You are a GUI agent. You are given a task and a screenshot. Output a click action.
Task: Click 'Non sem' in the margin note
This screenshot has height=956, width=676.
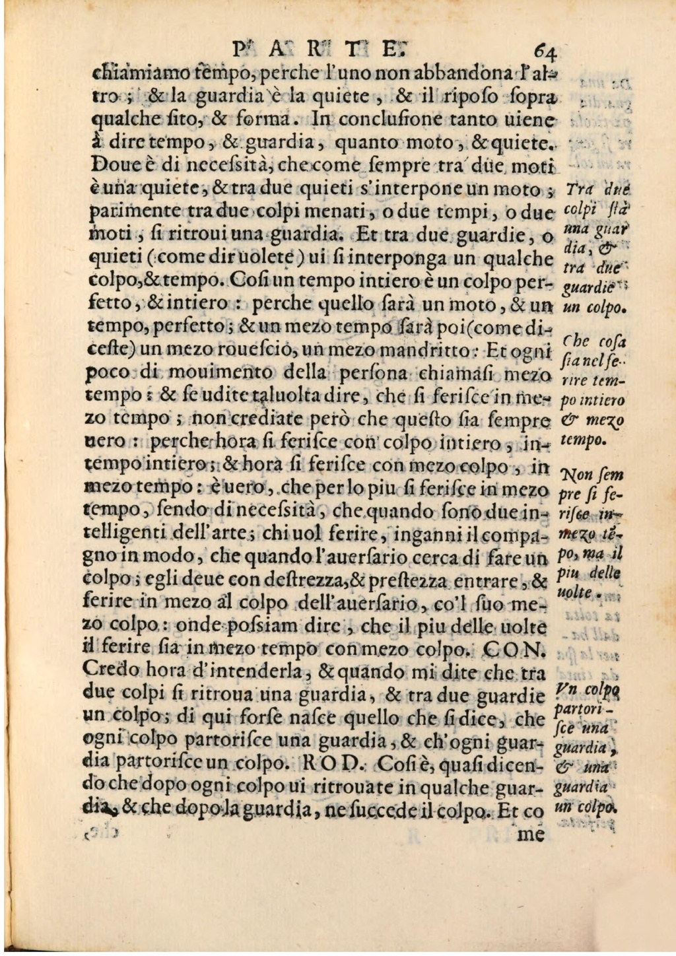pyautogui.click(x=584, y=475)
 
